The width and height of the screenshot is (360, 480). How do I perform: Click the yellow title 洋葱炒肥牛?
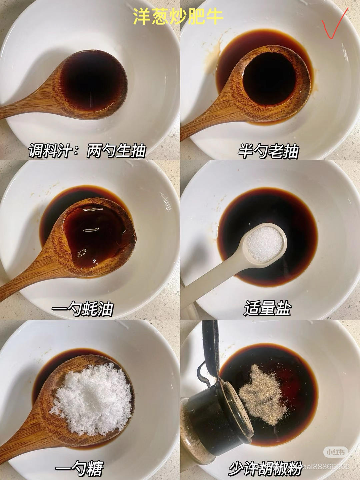pyautogui.click(x=178, y=17)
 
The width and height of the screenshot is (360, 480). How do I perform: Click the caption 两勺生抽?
pyautogui.click(x=116, y=151)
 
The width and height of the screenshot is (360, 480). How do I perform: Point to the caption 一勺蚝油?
pyautogui.click(x=82, y=309)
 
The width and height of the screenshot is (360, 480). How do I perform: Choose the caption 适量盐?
pyautogui.click(x=268, y=308)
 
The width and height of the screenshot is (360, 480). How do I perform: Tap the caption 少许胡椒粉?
pyautogui.click(x=265, y=468)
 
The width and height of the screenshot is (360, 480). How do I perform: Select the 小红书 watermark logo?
pyautogui.click(x=335, y=452)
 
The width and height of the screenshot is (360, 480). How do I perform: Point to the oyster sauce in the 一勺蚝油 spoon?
pyautogui.click(x=97, y=237)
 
